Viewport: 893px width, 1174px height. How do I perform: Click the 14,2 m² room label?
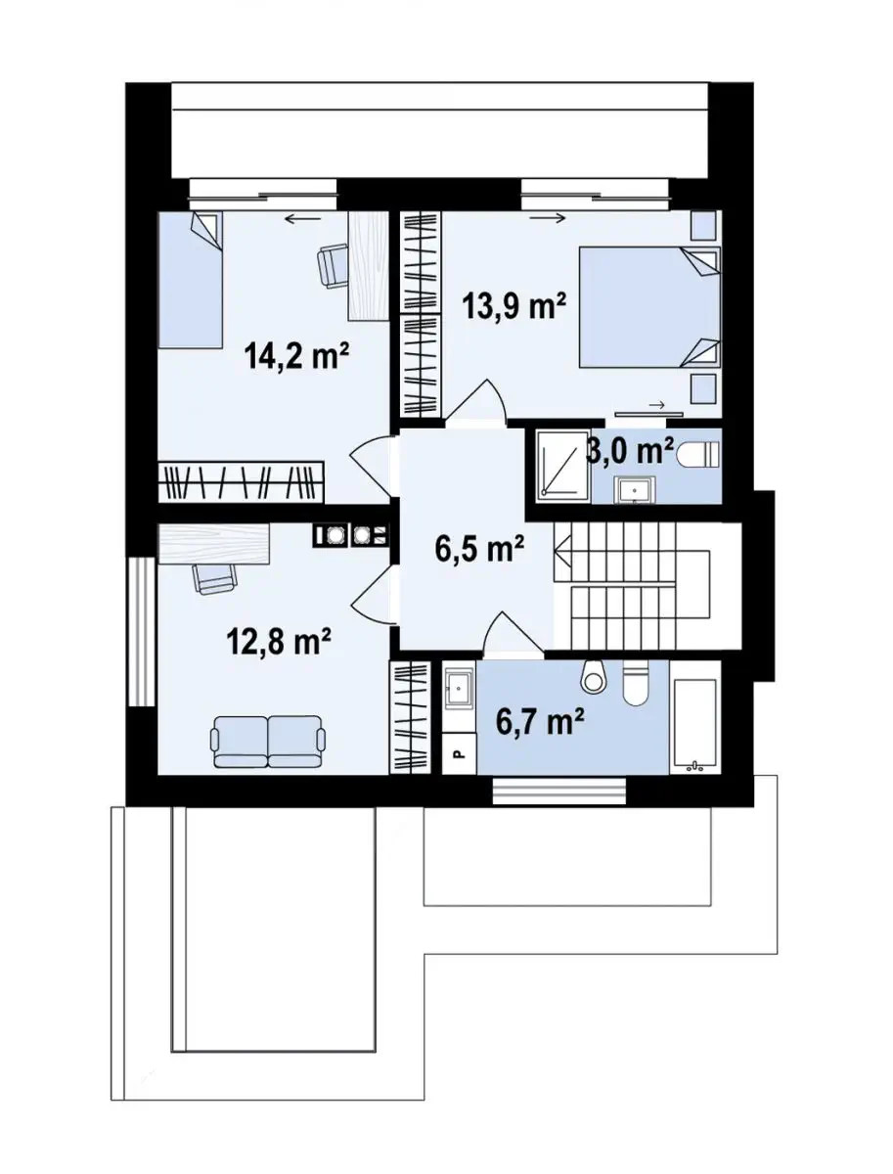click(296, 356)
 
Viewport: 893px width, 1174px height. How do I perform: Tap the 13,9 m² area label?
click(514, 307)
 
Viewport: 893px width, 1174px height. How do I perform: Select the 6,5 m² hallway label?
click(479, 550)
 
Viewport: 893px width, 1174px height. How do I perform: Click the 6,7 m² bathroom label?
click(540, 720)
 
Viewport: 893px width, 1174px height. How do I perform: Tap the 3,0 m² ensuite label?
click(630, 452)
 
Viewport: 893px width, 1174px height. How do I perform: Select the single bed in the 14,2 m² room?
click(191, 280)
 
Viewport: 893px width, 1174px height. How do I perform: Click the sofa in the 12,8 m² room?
click(268, 742)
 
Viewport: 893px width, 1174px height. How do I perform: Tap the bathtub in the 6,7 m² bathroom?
click(694, 726)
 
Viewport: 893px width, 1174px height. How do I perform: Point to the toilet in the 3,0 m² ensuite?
click(698, 455)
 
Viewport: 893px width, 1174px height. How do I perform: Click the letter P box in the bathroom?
click(459, 753)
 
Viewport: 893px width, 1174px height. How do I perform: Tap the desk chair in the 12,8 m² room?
click(214, 577)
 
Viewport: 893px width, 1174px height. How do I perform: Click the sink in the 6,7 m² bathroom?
click(459, 690)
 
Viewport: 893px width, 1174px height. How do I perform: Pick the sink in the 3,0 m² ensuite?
click(635, 489)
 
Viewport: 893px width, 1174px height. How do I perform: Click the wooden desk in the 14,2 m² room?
click(368, 266)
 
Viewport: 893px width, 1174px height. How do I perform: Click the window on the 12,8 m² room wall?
click(141, 632)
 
